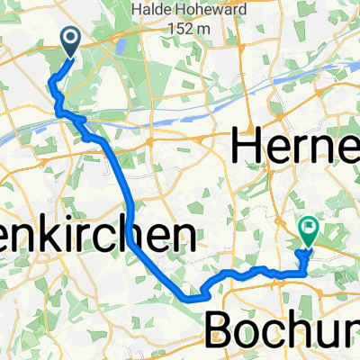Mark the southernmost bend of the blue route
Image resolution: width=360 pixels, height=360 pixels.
(x=191, y=295)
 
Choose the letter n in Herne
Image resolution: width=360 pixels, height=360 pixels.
(x=327, y=148)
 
